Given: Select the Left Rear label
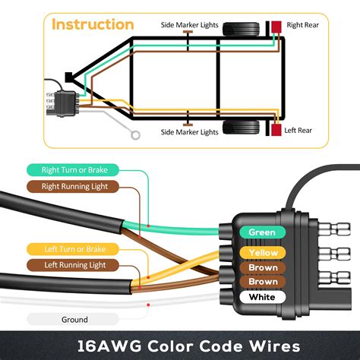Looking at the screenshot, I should (298, 131).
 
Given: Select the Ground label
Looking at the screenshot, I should (74, 319).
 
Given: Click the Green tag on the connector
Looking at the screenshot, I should (262, 232).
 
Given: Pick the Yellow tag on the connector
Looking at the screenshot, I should (262, 252).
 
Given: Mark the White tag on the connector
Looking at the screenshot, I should (262, 297).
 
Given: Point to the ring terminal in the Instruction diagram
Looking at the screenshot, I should (136, 137).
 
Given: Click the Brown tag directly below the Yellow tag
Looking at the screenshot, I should (262, 267).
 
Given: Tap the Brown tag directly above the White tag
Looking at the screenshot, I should (262, 282).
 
